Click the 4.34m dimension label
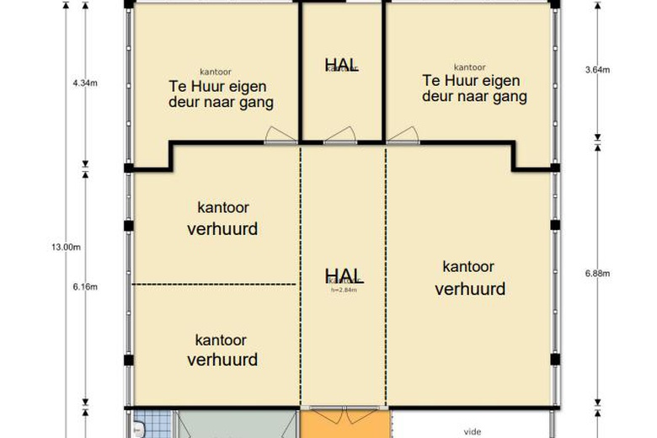coord(86,83)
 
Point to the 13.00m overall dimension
coord(66,247)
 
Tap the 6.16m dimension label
coord(86,286)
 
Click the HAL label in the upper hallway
coord(342,64)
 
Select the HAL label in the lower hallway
coord(344,275)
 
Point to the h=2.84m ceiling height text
coord(344,290)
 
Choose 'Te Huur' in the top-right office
coord(446,81)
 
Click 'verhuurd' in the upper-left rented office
coord(222,228)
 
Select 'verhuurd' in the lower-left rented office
coord(222,360)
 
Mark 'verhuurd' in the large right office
coord(470,289)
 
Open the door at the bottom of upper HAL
coord(341,136)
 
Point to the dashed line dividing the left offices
coord(216,285)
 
